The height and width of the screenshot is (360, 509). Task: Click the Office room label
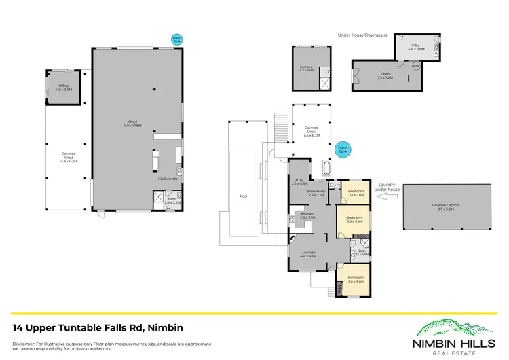coord(64,88)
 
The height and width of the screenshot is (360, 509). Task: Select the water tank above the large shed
coord(176,39)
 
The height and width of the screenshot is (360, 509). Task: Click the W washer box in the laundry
coord(436,53)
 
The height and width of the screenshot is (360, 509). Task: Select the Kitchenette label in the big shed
coord(167,179)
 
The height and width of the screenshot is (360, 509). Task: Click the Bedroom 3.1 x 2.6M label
coord(356,192)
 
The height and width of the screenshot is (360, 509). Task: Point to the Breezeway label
coord(316,193)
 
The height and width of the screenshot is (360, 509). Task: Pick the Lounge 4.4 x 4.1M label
coord(309,255)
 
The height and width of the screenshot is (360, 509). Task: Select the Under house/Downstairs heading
coord(366,35)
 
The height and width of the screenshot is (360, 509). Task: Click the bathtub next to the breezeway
coord(326,168)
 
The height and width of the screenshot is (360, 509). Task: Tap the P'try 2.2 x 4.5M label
coord(299,182)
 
